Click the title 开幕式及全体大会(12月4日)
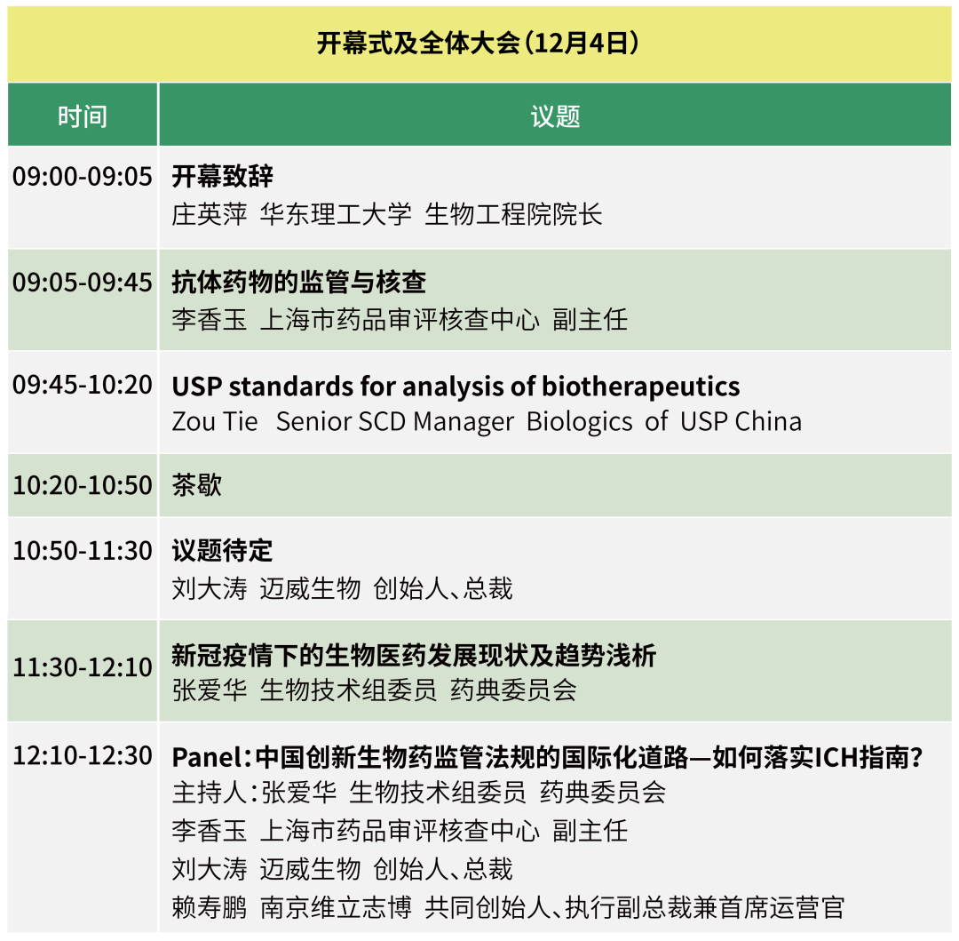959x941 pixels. [x=479, y=44]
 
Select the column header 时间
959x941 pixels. [x=83, y=116]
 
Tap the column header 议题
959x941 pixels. [x=555, y=116]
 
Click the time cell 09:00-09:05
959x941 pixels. [x=83, y=176]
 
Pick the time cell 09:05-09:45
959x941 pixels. [x=83, y=282]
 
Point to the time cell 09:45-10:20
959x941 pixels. [x=83, y=385]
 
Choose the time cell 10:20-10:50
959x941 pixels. [x=83, y=485]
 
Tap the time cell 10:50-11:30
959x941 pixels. [x=83, y=551]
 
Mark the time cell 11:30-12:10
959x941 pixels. [x=83, y=667]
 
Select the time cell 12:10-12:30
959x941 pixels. [x=83, y=755]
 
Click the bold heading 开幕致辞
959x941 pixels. [x=223, y=176]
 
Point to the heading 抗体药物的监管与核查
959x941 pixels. [x=299, y=282]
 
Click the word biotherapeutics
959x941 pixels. [x=641, y=387]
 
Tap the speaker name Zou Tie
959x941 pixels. [x=215, y=421]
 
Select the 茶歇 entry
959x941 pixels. [x=197, y=485]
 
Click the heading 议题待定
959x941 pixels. [x=223, y=551]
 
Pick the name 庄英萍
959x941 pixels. [x=210, y=214]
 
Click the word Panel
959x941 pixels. [x=207, y=757]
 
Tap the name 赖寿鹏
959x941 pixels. [x=210, y=907]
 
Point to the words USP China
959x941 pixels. [x=741, y=421]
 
